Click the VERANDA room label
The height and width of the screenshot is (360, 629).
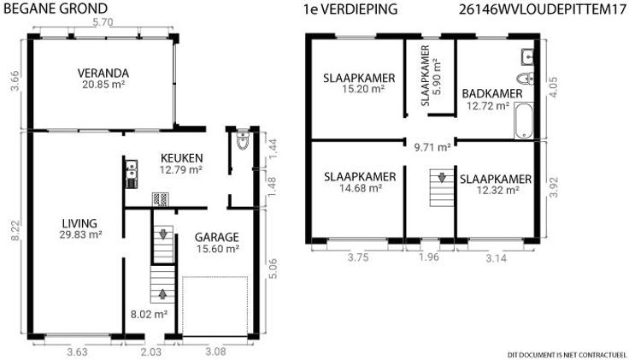pyautogui.click(x=103, y=74)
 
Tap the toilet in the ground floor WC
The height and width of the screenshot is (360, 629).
pyautogui.click(x=243, y=140)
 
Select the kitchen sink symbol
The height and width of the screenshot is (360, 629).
pyautogui.click(x=131, y=168)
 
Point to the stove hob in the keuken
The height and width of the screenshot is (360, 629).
pyautogui.click(x=160, y=199)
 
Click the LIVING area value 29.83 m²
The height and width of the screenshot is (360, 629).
pyautogui.click(x=80, y=234)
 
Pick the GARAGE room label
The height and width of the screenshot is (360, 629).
pyautogui.click(x=216, y=237)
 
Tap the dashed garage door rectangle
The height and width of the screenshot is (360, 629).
pyautogui.click(x=215, y=306)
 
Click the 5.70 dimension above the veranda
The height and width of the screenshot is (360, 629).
pyautogui.click(x=103, y=22)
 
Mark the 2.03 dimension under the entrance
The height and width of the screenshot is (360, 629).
pyautogui.click(x=150, y=352)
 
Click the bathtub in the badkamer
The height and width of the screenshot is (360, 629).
pyautogui.click(x=524, y=121)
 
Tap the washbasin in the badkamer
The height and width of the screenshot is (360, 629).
pyautogui.click(x=527, y=56)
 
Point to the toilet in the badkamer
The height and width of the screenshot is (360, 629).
pyautogui.click(x=526, y=79)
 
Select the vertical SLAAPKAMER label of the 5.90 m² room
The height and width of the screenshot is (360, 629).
pyautogui.click(x=426, y=75)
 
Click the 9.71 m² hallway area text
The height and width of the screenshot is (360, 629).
pyautogui.click(x=432, y=147)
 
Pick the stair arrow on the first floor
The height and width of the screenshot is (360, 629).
pyautogui.click(x=442, y=177)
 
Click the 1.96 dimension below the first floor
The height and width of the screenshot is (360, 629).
pyautogui.click(x=429, y=257)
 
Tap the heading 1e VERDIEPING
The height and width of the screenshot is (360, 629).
pyautogui.click(x=350, y=9)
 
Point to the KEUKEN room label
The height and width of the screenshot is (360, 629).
pyautogui.click(x=182, y=158)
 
